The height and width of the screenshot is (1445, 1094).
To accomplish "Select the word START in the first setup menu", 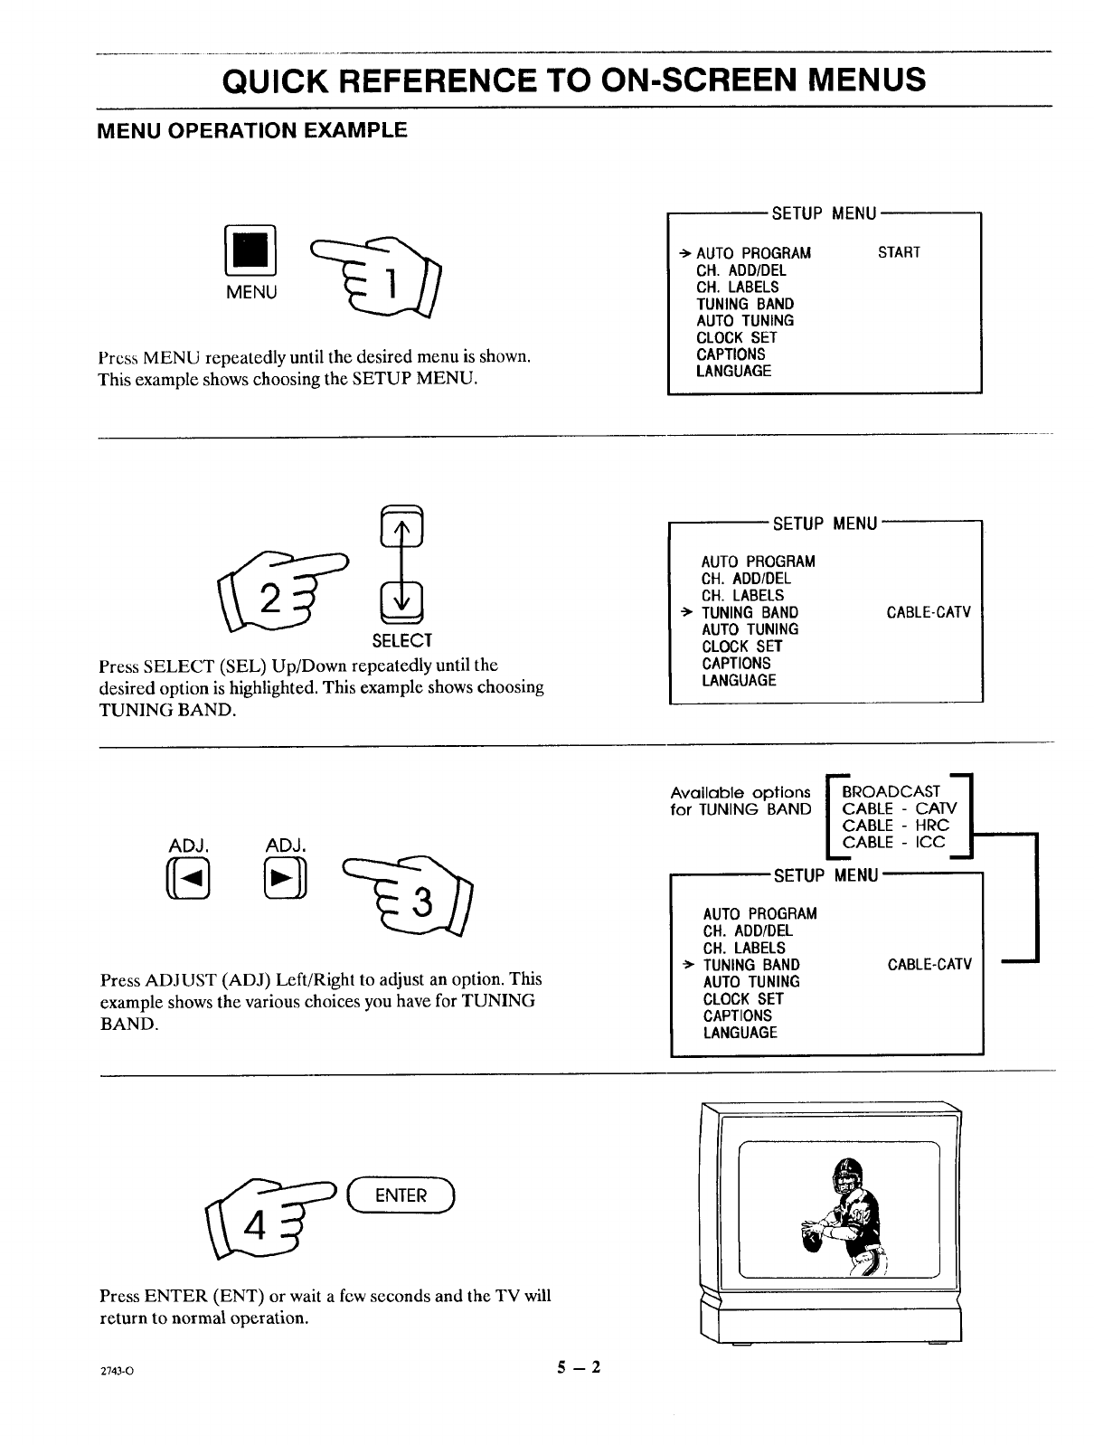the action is (x=899, y=252).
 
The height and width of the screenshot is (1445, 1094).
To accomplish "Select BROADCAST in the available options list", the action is (x=891, y=791).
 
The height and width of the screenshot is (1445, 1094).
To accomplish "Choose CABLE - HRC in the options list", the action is (x=895, y=826).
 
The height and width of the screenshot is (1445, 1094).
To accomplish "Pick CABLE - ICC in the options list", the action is (x=893, y=843).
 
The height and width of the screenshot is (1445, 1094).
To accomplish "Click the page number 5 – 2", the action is (x=579, y=1367).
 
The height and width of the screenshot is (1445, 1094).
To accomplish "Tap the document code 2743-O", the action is (x=117, y=1370).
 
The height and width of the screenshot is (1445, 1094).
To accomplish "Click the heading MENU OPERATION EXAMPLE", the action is (x=252, y=130).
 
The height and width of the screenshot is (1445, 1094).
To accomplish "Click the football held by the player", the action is (x=813, y=1240).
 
